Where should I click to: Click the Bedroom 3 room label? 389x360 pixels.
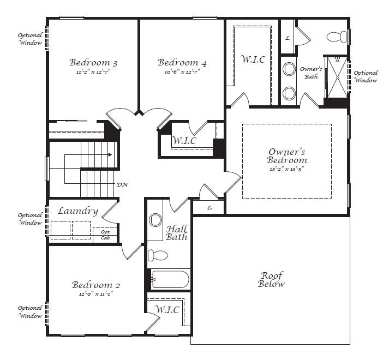pyautogui.click(x=93, y=62)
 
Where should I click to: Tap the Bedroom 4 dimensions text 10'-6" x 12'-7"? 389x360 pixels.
pyautogui.click(x=182, y=72)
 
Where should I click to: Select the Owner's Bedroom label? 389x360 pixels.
pyautogui.click(x=287, y=156)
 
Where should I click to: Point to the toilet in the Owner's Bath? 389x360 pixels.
pyautogui.click(x=337, y=37)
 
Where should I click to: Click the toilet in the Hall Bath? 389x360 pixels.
pyautogui.click(x=158, y=255)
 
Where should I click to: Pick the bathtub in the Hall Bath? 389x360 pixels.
pyautogui.click(x=170, y=279)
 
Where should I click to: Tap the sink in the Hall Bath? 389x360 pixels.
pyautogui.click(x=155, y=220)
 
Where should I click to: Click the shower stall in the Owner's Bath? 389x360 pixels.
pyautogui.click(x=337, y=77)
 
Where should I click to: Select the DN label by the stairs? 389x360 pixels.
pyautogui.click(x=122, y=184)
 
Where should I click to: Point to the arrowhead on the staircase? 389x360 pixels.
pyautogui.click(x=110, y=155)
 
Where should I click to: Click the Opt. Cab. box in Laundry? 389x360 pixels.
pyautogui.click(x=105, y=235)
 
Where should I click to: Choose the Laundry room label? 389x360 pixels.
pyautogui.click(x=78, y=212)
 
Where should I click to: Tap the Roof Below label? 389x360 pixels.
pyautogui.click(x=271, y=279)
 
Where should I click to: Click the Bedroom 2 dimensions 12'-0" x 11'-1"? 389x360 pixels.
pyautogui.click(x=96, y=294)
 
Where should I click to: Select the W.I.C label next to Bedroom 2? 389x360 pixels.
pyautogui.click(x=167, y=310)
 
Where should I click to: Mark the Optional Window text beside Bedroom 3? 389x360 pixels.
pyautogui.click(x=30, y=39)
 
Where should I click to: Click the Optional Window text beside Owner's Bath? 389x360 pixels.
pyautogui.click(x=366, y=77)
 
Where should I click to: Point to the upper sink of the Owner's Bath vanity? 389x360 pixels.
pyautogui.click(x=289, y=69)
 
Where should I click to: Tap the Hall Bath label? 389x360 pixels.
pyautogui.click(x=176, y=233)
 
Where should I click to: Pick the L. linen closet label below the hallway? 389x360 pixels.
pyautogui.click(x=210, y=208)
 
